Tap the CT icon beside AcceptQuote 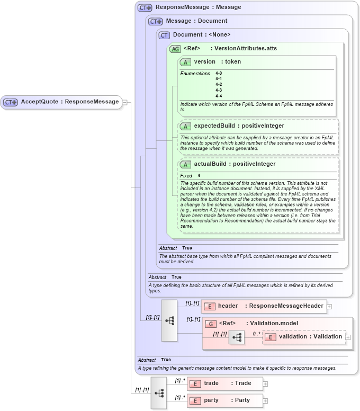point(11,102)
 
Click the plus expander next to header point(329,306)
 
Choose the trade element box point(224,383)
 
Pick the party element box point(224,400)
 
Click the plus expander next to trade point(265,384)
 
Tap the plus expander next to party point(265,401)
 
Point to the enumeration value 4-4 point(219,96)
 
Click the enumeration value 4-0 point(219,73)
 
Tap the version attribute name point(204,61)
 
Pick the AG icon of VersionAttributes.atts point(175,49)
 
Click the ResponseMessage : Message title point(198,7)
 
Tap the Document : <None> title point(202,34)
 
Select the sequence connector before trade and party point(159,392)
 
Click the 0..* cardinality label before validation point(256,334)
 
